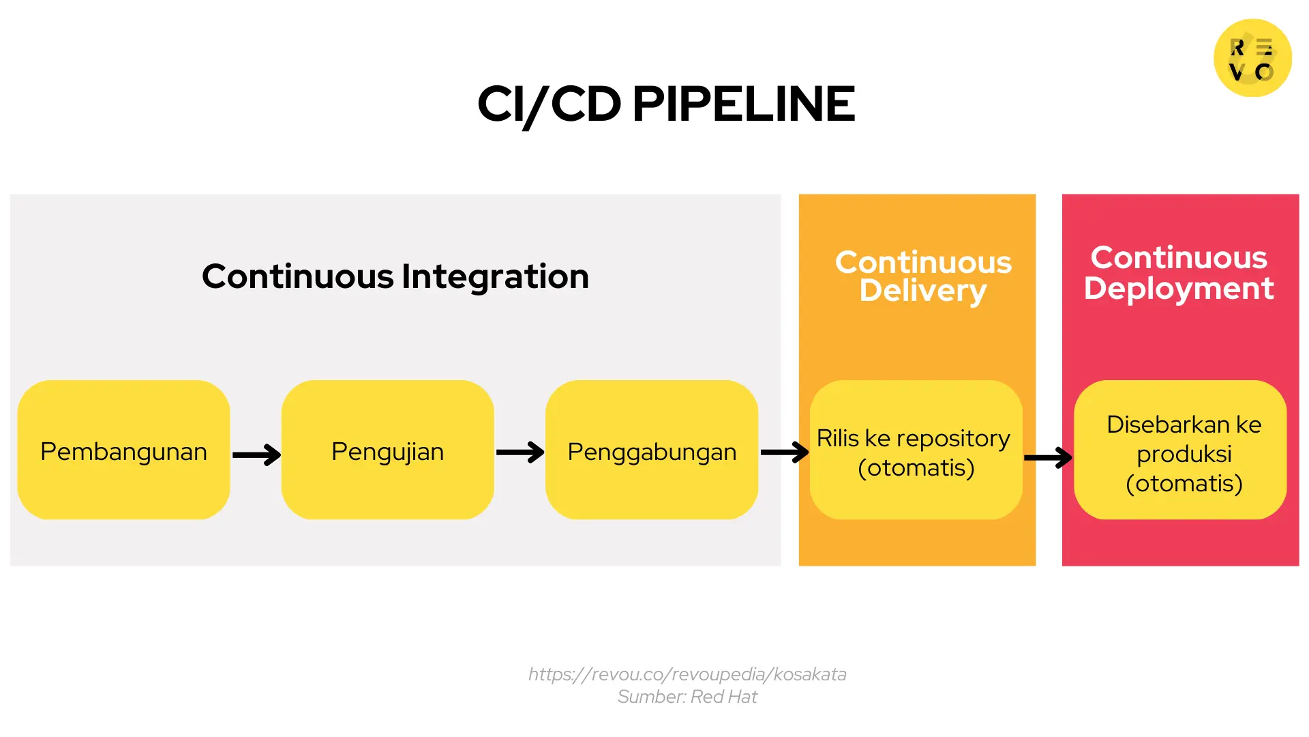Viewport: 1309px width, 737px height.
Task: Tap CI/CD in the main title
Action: (x=549, y=104)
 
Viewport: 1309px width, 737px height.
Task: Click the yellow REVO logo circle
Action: (x=1252, y=59)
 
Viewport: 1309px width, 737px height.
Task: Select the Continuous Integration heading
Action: (x=395, y=276)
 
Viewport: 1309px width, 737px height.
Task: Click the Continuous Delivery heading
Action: (x=923, y=276)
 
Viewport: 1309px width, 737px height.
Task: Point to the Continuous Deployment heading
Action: (x=1179, y=273)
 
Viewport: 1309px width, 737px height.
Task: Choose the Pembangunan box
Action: (x=123, y=451)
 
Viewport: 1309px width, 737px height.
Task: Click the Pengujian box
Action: (x=387, y=451)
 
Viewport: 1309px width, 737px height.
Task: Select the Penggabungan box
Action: (x=651, y=451)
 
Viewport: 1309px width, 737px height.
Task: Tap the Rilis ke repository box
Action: (x=915, y=452)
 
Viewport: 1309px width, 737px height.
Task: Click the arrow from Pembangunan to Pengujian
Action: (x=256, y=454)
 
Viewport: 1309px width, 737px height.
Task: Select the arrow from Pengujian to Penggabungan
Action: (x=520, y=452)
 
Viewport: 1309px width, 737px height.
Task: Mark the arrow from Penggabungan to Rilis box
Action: (x=784, y=452)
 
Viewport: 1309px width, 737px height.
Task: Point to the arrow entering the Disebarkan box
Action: (x=1048, y=457)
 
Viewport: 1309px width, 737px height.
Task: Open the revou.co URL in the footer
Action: (x=687, y=674)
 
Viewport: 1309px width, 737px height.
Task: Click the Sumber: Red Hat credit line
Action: (x=687, y=697)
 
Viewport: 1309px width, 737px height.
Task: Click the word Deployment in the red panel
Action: (x=1179, y=289)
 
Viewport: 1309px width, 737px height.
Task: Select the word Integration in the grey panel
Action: (x=495, y=276)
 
